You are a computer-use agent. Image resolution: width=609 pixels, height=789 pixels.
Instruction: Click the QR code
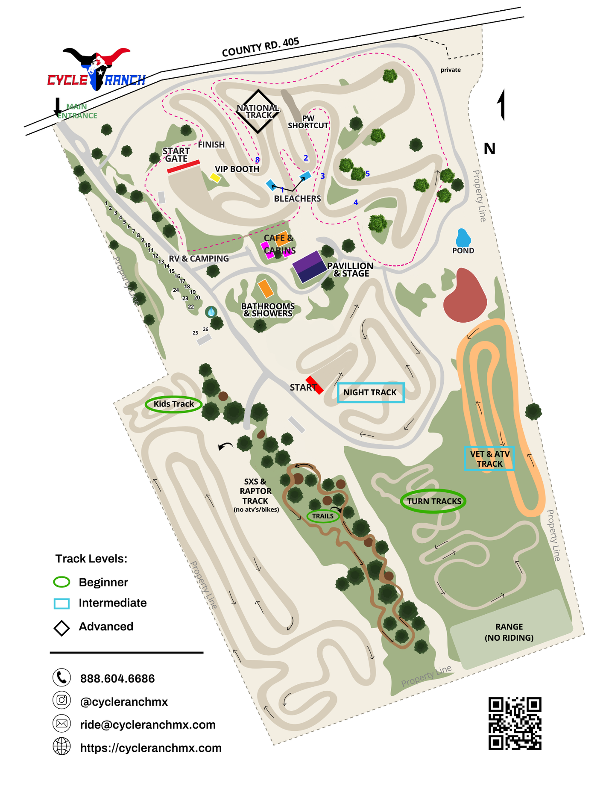515,723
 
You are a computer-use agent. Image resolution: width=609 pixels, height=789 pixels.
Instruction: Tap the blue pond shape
463,238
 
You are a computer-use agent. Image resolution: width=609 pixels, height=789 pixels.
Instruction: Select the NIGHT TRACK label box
370,392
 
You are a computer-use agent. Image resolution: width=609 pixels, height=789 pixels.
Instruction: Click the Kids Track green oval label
173,404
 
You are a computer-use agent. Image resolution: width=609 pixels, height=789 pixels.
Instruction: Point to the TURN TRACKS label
433,501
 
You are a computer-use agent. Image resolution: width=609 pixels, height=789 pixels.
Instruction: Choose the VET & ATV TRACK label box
489,459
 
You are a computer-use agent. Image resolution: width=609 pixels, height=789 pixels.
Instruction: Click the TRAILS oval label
323,516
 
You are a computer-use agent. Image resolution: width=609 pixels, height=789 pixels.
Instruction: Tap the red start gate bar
184,166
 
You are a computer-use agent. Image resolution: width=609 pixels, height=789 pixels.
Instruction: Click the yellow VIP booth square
215,177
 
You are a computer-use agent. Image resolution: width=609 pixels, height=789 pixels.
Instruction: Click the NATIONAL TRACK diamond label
258,111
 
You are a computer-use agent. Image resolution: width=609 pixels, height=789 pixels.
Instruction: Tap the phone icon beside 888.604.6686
61,677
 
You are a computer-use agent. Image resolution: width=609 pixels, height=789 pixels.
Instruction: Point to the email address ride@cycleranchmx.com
148,724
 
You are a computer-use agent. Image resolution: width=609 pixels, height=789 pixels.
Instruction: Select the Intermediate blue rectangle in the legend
61,604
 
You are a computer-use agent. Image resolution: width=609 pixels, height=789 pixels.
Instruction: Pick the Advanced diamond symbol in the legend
62,628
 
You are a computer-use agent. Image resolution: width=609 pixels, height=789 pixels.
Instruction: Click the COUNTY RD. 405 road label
260,47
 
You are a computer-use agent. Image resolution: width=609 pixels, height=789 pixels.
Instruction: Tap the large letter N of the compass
489,149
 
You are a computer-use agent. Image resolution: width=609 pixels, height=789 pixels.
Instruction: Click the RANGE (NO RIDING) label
509,632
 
